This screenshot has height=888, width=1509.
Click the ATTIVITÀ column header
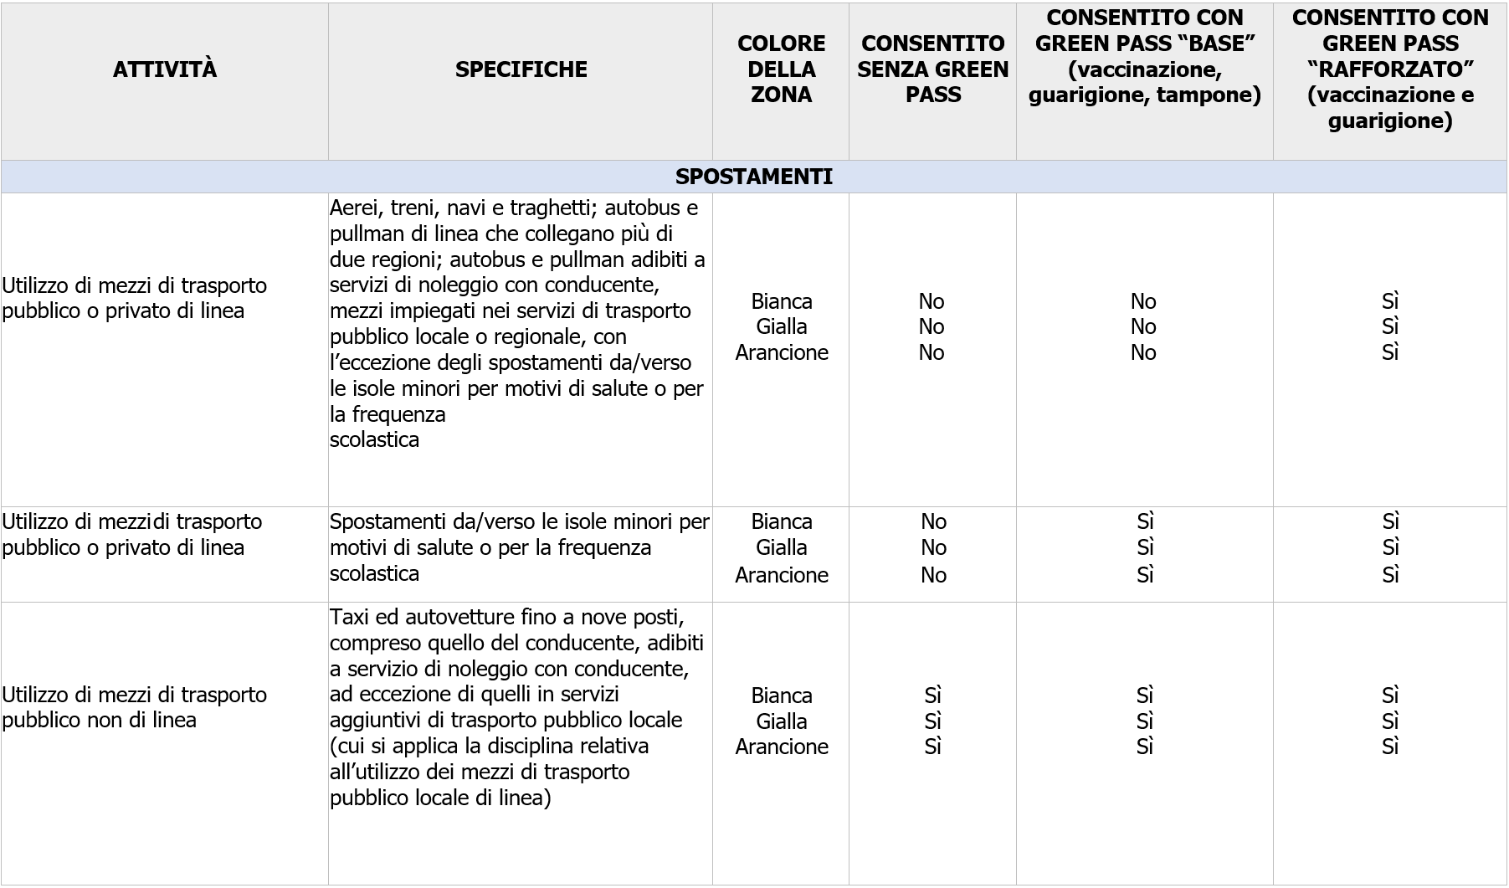click(165, 69)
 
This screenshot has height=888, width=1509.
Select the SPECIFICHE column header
click(521, 69)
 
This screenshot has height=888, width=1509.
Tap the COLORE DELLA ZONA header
click(781, 69)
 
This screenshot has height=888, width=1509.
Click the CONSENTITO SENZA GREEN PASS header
click(932, 69)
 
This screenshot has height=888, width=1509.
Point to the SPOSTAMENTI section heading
click(753, 177)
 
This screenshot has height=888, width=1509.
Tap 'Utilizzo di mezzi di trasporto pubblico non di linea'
click(134, 707)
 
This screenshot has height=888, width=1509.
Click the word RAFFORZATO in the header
click(1390, 69)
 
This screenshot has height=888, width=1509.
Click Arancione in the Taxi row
click(781, 747)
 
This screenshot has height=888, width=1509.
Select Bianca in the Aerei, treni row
click(781, 301)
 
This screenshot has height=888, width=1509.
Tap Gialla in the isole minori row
click(781, 547)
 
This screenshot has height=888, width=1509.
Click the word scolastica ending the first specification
click(374, 440)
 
